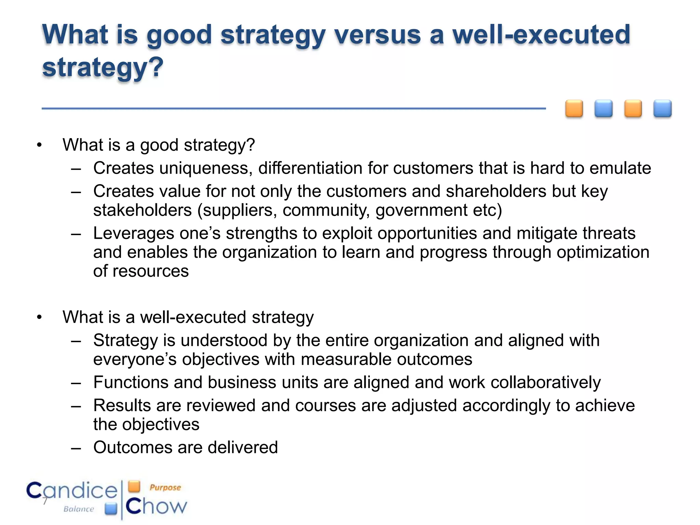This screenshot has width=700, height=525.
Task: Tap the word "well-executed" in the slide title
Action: pos(541,35)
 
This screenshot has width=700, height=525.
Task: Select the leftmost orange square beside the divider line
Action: pos(574,109)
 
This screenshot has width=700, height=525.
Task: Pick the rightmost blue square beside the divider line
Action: pos(662,109)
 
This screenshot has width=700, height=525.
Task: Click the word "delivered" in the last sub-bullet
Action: pos(243,447)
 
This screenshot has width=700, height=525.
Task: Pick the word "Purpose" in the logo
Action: pos(165,487)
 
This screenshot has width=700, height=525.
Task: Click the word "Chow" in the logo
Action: pos(157,506)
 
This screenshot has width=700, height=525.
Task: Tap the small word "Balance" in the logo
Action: pos(79,509)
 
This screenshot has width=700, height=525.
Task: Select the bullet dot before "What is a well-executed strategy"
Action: pos(39,318)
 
